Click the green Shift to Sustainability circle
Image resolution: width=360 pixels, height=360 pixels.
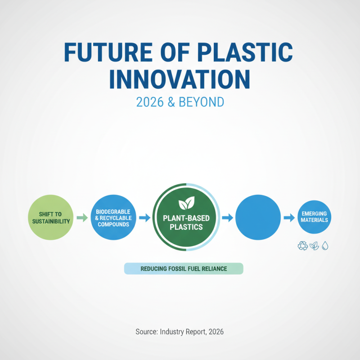coord(50,217)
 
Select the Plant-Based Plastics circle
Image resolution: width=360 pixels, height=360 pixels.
coord(186,218)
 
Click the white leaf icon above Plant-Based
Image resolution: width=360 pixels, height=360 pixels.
coord(186,204)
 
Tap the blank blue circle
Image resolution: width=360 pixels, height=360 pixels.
coord(258,217)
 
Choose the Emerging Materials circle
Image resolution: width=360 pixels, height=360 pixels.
coord(315,217)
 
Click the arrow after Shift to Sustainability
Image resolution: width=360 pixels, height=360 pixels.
coord(81,218)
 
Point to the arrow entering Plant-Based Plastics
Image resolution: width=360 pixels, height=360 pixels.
coord(144,218)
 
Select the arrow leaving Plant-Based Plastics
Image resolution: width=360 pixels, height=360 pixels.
coord(227,218)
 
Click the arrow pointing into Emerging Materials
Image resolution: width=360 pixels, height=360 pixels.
coord(288,218)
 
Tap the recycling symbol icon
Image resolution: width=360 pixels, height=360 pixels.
coord(302,246)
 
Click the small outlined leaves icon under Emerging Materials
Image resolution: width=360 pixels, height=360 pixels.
coord(314,246)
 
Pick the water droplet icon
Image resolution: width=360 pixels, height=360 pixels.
coord(325,246)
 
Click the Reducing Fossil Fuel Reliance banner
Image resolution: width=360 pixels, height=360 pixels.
coord(183,269)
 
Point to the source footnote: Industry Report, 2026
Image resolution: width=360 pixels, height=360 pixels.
coord(180,332)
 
